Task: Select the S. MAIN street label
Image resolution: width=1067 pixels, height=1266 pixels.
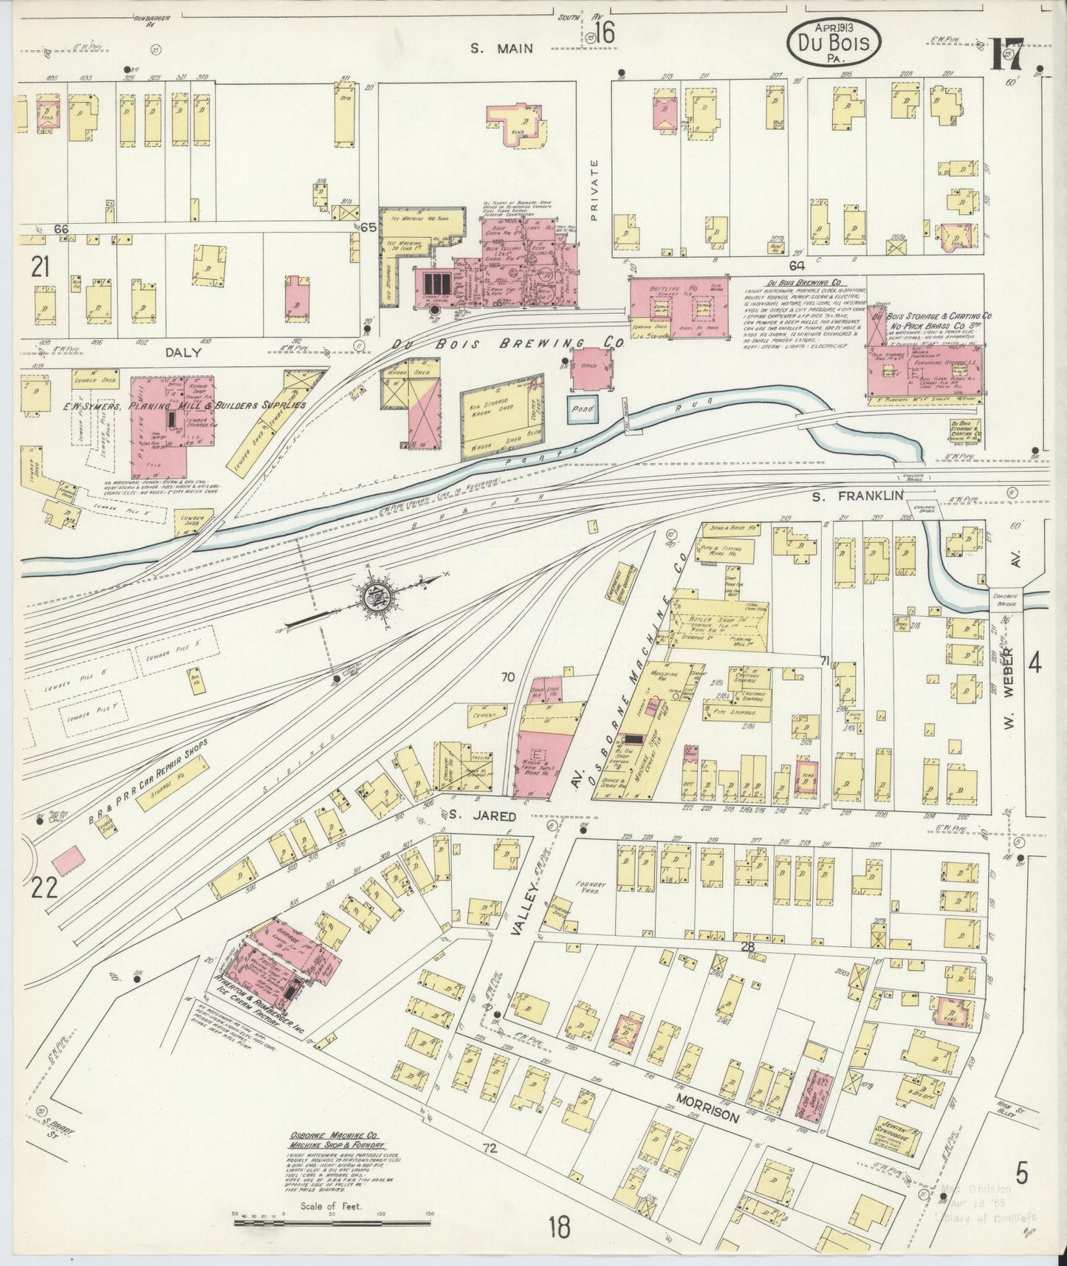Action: [503, 48]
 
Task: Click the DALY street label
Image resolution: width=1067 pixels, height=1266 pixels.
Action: [183, 353]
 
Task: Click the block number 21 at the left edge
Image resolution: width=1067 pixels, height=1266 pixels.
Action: [41, 267]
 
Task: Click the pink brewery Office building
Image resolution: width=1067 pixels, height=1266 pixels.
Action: [589, 369]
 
